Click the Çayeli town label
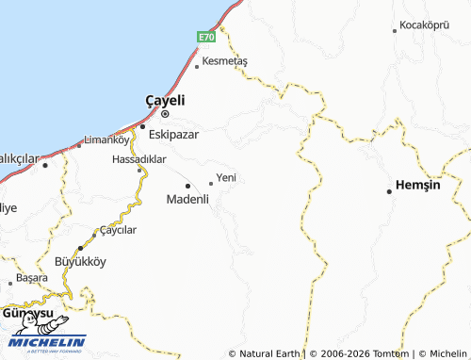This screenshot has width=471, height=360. tap(165, 100)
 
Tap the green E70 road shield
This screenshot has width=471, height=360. tap(206, 37)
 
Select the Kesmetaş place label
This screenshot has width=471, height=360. tap(226, 60)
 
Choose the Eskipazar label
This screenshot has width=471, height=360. tap(175, 133)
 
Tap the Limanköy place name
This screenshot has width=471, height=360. tap(106, 139)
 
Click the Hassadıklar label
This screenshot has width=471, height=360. tap(138, 159)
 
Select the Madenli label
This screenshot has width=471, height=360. tap(187, 199)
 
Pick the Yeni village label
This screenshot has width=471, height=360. tap(226, 177)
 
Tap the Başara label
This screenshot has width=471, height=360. tap(31, 280)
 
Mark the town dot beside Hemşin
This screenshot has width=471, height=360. tap(389, 191)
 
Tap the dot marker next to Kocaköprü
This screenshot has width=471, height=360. tap(395, 30)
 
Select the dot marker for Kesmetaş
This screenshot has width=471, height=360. tap(197, 67)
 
